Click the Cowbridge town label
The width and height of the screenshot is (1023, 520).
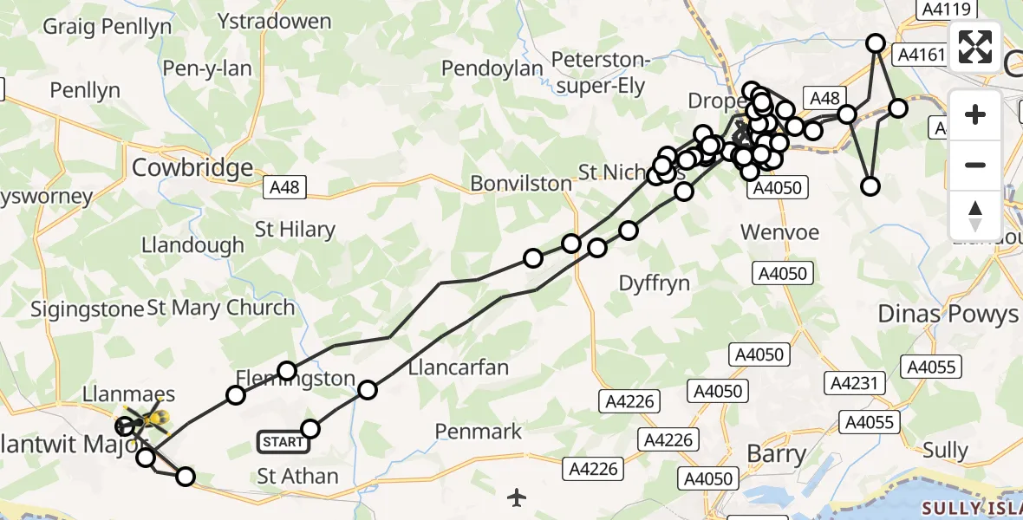click(x=192, y=168)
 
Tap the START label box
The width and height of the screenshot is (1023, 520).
click(x=283, y=442)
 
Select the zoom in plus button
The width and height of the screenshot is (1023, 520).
click(x=975, y=114)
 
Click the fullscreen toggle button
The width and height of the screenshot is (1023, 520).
click(x=975, y=47)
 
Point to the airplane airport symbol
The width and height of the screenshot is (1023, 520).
click(x=518, y=497)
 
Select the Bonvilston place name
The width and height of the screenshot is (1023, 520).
click(x=521, y=184)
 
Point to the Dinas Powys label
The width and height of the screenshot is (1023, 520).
click(x=948, y=314)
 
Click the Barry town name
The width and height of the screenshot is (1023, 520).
click(x=778, y=453)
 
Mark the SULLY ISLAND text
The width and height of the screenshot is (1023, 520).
click(x=974, y=507)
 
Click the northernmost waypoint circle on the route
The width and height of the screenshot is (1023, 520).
click(x=876, y=43)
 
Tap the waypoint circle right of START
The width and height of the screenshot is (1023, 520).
click(x=310, y=428)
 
